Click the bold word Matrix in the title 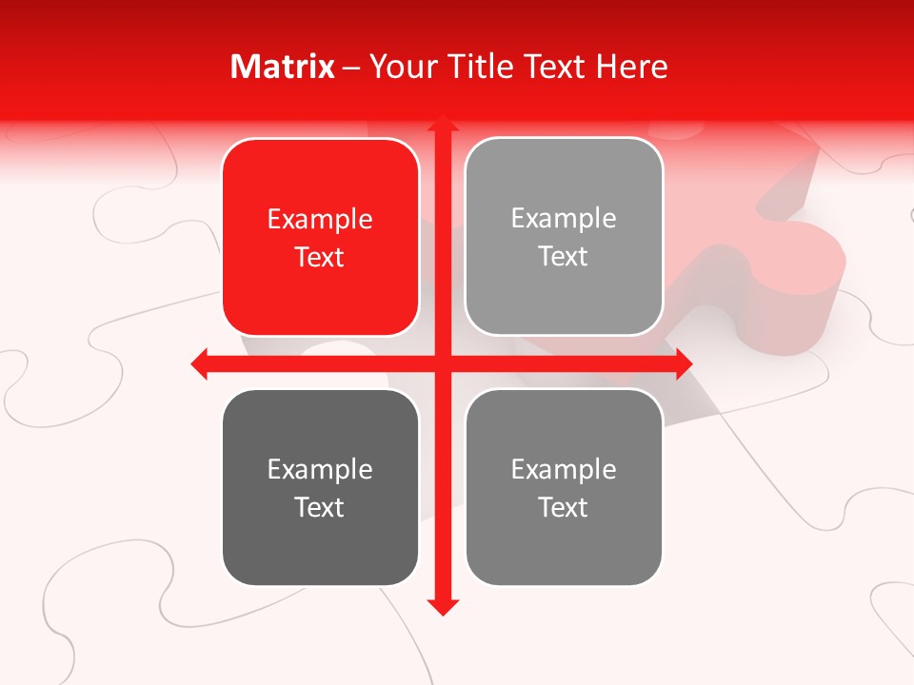[x=283, y=67]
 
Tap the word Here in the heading [x=632, y=67]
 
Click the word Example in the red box [x=320, y=220]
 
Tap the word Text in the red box [x=320, y=258]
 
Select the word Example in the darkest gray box [x=320, y=470]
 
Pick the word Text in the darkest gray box [x=320, y=508]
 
